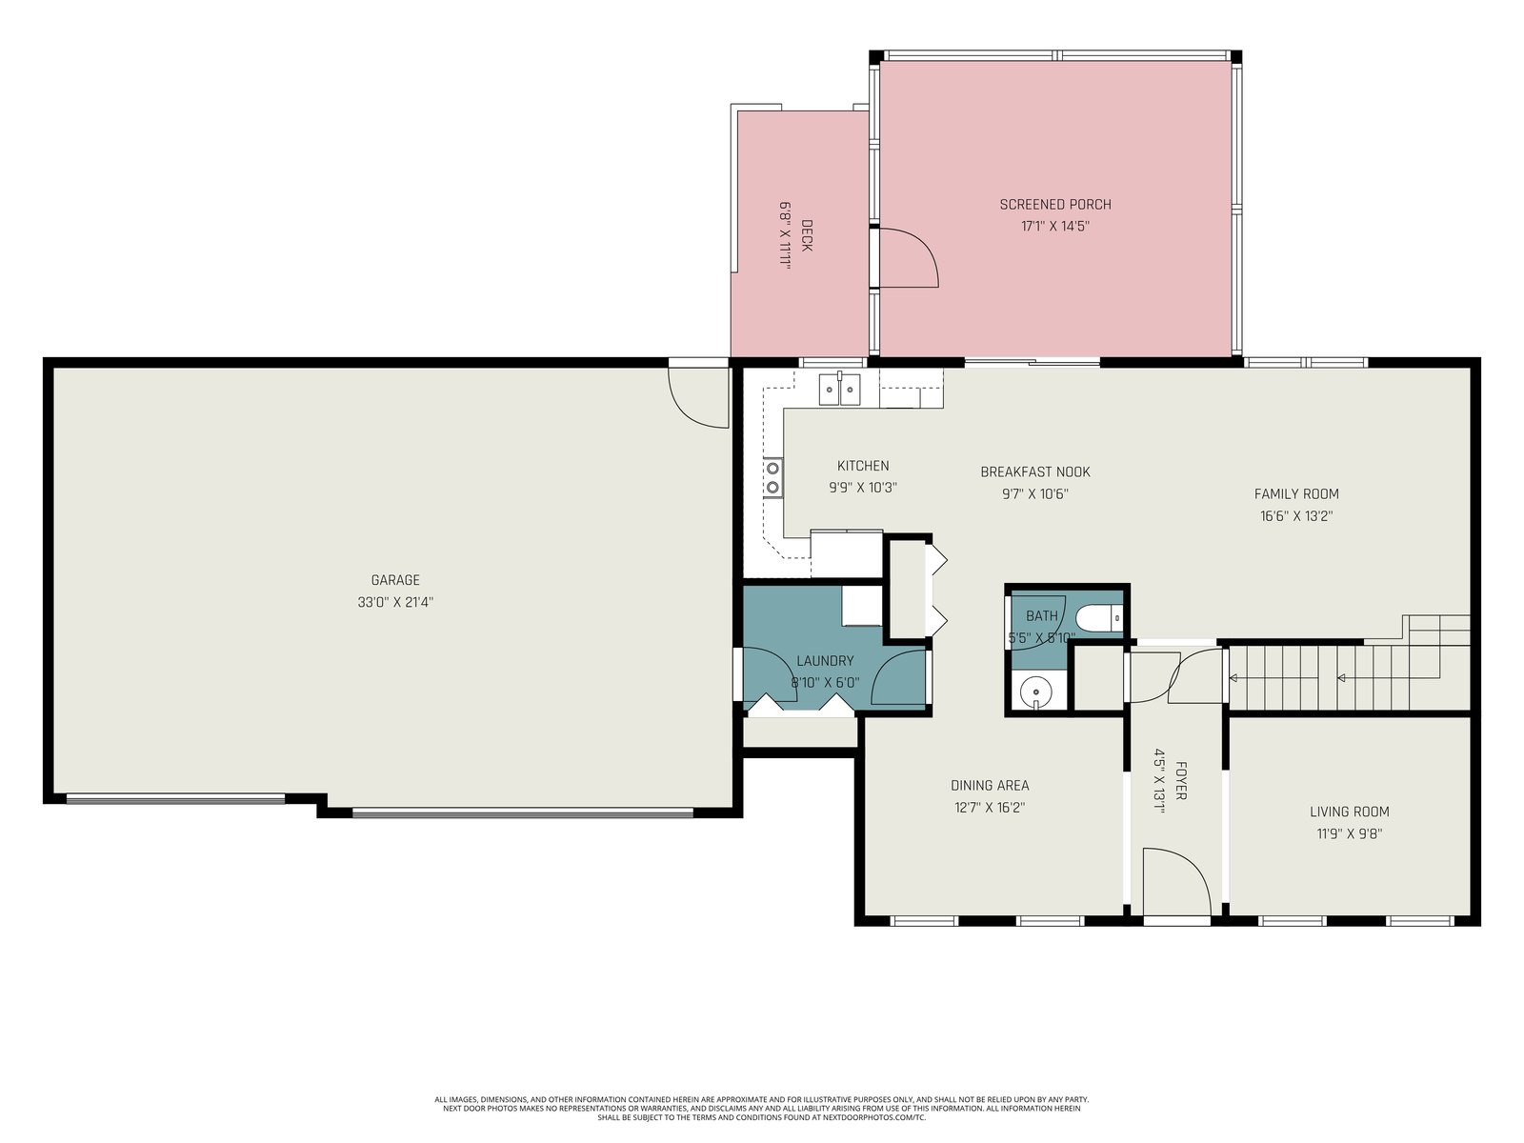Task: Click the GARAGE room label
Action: (395, 579)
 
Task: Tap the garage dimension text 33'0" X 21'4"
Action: (395, 602)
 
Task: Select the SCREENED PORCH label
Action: (1055, 204)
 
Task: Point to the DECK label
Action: (806, 235)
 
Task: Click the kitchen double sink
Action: (839, 390)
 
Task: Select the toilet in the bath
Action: (1098, 617)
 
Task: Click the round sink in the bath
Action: (1035, 692)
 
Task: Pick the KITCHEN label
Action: (863, 466)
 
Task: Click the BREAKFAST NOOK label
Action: (1035, 471)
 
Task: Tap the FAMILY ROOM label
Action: (1296, 493)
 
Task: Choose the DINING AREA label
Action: (990, 785)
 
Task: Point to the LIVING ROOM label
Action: (1349, 812)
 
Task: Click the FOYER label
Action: (1180, 781)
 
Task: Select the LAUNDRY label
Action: (825, 661)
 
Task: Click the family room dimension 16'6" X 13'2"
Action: (1296, 515)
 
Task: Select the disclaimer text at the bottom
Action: (762, 1109)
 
